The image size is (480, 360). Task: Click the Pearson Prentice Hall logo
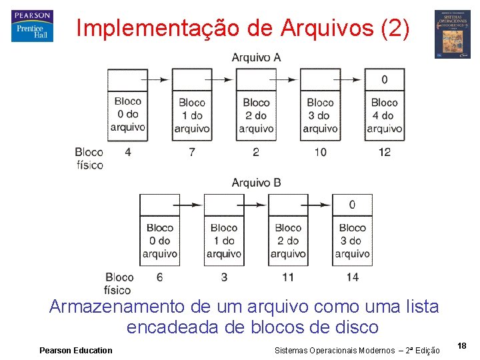32,27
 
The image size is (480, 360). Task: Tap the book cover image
453,35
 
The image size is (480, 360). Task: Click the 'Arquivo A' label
256,57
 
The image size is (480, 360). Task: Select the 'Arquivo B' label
256,182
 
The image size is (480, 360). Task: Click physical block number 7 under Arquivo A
192,152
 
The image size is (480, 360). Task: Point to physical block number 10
320,152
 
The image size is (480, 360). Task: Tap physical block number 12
384,152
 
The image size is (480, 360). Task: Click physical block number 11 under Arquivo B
288,277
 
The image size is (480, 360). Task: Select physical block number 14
352,277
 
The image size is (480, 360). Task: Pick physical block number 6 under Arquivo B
160,277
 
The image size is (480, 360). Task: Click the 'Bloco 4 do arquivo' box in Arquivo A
384,115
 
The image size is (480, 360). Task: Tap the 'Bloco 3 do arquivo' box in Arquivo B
352,241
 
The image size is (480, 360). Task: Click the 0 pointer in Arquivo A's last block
384,80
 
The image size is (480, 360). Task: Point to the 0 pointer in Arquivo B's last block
352,205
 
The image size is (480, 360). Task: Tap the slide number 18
462,345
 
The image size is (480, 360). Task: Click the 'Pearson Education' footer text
76,351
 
